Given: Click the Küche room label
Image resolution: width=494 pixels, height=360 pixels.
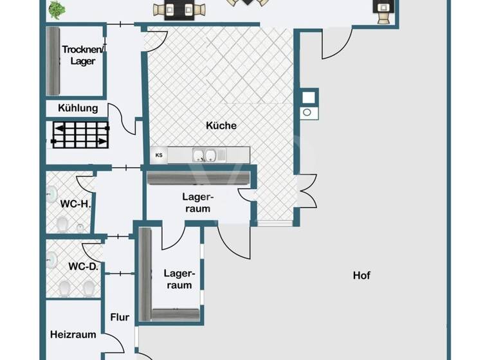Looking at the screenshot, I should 221,125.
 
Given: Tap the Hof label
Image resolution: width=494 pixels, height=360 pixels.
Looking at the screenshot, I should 361,275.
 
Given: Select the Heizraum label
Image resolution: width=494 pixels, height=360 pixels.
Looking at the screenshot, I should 73,334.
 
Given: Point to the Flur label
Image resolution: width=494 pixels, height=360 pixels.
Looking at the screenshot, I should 120,317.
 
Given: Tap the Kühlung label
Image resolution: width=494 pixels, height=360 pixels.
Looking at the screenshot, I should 78,108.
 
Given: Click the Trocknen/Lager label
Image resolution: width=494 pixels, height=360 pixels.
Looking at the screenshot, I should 79,55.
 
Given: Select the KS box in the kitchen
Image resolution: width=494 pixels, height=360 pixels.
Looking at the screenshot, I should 159,155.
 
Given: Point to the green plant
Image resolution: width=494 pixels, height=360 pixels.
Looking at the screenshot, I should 57,9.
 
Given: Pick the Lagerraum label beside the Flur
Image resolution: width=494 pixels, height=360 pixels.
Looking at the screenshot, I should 179,278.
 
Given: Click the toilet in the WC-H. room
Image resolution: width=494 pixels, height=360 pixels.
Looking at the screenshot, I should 63,224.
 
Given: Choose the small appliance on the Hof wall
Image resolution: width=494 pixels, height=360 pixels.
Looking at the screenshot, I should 309,105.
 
